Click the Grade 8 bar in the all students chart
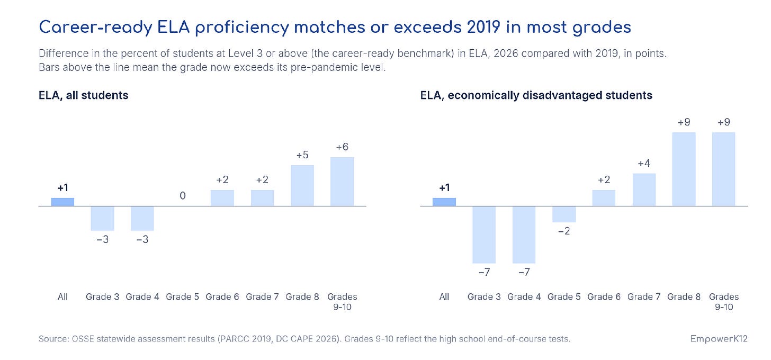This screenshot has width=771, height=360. coord(302,185)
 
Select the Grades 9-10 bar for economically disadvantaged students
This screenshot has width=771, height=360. coord(723,169)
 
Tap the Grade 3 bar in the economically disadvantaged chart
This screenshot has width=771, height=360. coord(484,235)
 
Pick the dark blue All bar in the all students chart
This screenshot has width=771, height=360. coord(62,202)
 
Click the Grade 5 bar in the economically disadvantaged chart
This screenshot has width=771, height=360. coord(564,214)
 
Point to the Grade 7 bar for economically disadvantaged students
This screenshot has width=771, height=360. coord(644,190)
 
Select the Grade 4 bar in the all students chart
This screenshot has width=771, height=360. coord(142,218)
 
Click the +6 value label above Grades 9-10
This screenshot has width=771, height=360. coord(342,147)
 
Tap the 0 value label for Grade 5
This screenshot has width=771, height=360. coord(183,196)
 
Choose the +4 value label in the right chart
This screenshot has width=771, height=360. coord(644,163)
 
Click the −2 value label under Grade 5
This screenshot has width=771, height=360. coord(564,231)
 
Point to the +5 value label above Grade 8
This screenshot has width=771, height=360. coord(302,155)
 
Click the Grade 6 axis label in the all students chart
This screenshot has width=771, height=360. coord(222,296)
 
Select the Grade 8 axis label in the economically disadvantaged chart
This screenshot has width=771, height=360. coord(684,296)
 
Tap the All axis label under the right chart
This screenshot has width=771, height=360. coord(444,296)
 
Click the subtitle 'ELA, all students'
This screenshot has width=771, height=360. coord(83,95)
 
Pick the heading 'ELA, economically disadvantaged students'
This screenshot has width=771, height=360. coord(536,95)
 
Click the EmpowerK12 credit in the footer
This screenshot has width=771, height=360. coord(719,339)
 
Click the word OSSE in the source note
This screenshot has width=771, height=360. coord(83,339)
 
